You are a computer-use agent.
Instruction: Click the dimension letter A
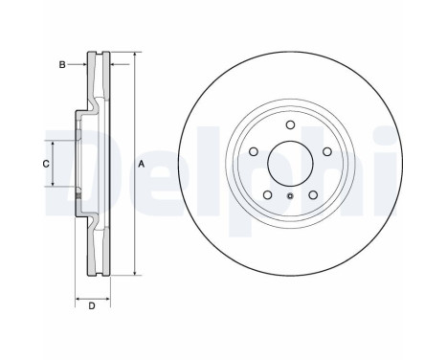[x=142, y=166]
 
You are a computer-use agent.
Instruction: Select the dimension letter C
[x=45, y=165]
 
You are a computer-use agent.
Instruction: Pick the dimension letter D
[x=91, y=306]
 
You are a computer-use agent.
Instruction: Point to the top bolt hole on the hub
[x=290, y=130]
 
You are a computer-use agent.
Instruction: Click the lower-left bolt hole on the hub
[x=266, y=194]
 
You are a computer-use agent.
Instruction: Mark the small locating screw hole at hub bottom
[x=290, y=197]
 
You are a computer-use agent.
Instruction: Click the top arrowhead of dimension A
[x=134, y=56]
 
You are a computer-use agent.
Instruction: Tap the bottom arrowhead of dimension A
[x=134, y=274]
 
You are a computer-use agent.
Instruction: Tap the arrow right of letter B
[x=82, y=65]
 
